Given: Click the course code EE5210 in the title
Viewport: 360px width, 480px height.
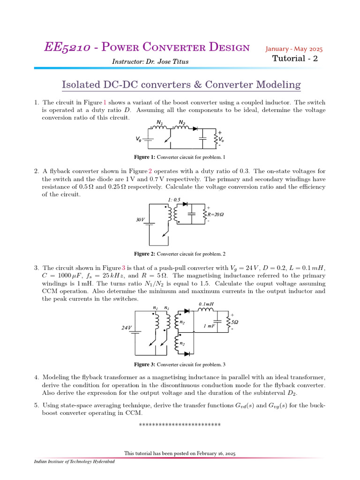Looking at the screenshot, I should coord(65,47).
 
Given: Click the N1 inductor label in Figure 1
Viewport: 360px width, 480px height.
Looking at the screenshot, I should coord(159,123).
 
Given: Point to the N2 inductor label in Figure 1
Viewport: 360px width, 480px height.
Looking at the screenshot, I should coord(182,123).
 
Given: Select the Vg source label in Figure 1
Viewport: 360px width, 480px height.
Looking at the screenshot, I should coord(139,139).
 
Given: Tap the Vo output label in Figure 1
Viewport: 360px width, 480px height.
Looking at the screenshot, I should coord(221,139).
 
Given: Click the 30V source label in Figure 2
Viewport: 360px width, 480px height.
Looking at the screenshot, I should coord(141,219).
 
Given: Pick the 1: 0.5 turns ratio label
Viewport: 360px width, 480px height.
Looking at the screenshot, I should coord(174,200).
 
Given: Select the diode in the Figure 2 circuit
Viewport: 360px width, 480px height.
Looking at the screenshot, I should coord(185,204).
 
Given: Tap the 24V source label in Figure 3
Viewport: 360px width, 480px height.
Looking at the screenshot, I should coord(127,328).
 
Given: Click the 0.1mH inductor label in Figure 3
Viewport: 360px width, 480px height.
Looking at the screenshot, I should coord(206,304).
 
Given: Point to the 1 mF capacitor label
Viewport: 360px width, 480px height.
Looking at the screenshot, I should coord(209,325).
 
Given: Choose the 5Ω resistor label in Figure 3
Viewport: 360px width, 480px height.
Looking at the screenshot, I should coord(235,323).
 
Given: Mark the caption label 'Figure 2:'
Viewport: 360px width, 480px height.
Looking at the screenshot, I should coord(144,254).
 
